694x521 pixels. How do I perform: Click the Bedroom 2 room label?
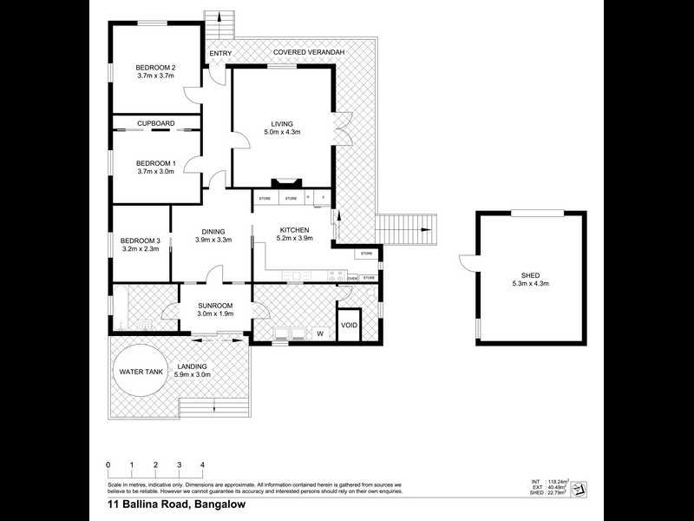(x=156, y=68)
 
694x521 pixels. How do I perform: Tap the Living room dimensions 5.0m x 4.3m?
(x=282, y=133)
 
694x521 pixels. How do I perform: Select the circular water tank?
(x=141, y=371)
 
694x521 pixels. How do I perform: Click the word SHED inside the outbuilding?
(x=519, y=275)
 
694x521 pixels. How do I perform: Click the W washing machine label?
(x=319, y=333)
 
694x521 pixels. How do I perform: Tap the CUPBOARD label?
(x=156, y=124)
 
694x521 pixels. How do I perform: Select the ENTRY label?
(x=220, y=54)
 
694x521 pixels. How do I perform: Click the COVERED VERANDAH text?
(x=309, y=53)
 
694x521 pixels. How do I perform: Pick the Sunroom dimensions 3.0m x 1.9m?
(x=215, y=314)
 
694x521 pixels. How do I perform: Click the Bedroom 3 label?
(x=141, y=241)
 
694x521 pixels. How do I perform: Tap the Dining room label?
(x=213, y=231)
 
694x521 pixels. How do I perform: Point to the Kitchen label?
(x=294, y=229)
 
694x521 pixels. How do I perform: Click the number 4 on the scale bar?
(x=202, y=465)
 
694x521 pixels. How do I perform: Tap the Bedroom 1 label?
(x=156, y=162)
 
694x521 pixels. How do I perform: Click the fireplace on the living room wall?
(x=284, y=183)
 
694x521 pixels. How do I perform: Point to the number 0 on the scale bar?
(x=108, y=465)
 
